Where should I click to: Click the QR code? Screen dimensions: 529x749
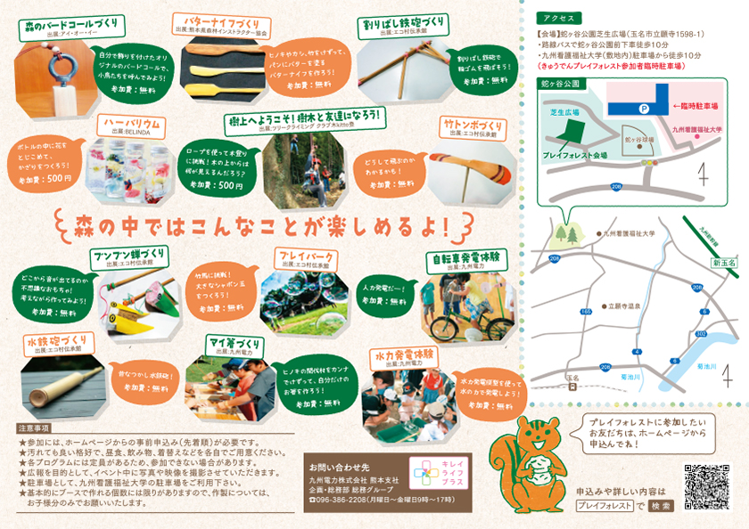coord(703,484)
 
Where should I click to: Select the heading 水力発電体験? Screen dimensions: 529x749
coord(406,355)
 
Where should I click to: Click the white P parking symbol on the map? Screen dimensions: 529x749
coord(640,109)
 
